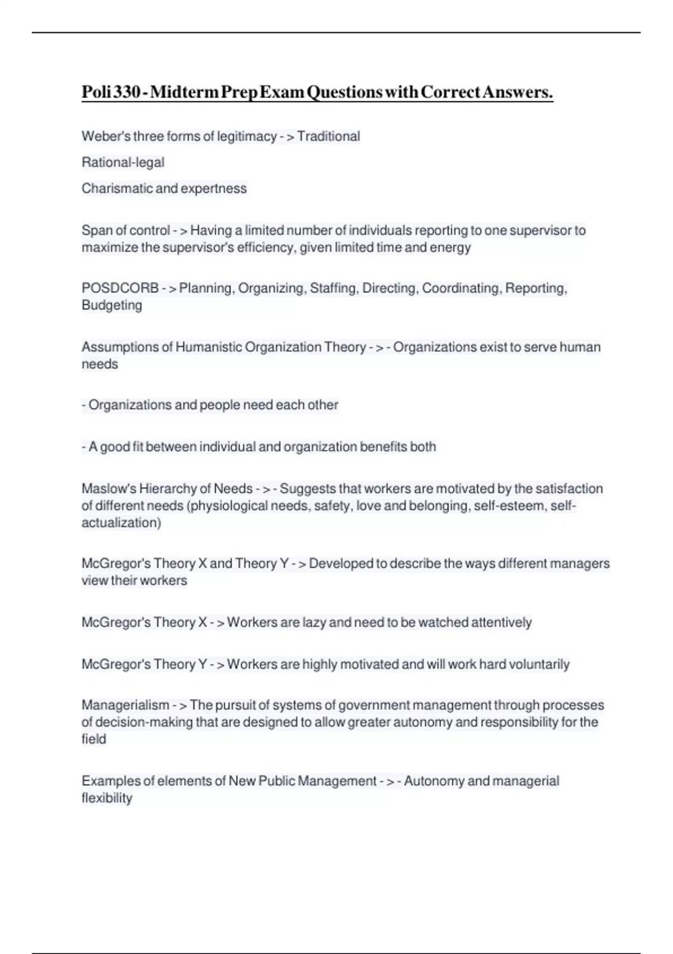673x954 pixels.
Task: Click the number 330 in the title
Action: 126,91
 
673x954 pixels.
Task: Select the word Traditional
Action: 329,136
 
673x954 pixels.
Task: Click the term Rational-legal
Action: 123,162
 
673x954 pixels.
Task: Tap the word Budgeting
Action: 112,305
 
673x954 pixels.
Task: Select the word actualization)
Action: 121,522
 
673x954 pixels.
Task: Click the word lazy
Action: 314,622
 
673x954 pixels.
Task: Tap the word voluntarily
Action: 539,664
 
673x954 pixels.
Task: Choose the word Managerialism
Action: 125,705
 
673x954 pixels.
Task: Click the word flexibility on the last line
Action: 107,798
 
